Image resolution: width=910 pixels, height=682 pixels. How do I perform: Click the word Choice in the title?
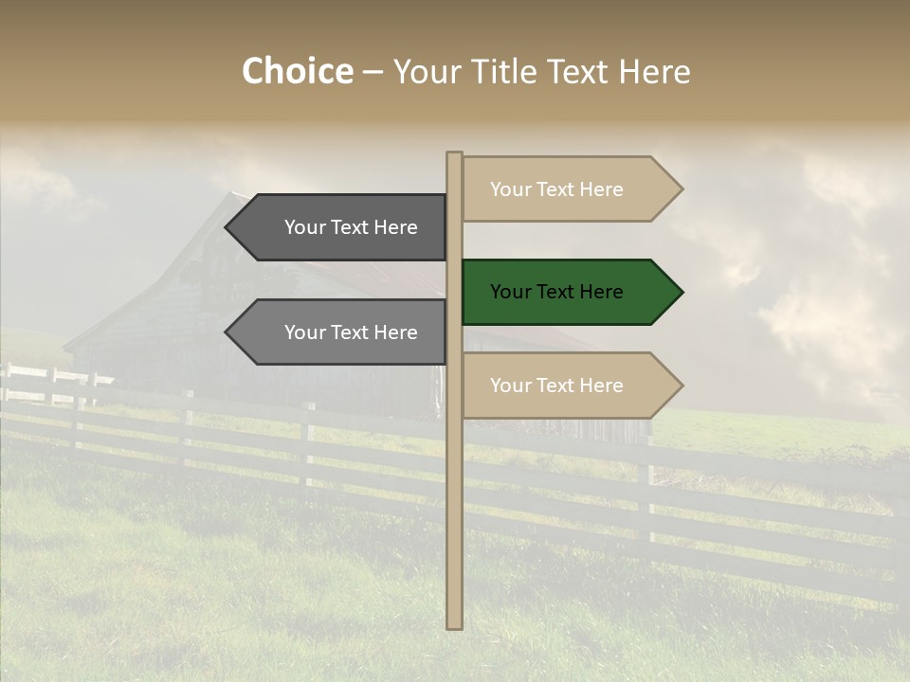pos(297,71)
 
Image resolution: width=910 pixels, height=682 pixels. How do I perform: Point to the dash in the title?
pos(373,73)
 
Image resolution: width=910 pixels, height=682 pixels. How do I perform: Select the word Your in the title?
pos(430,71)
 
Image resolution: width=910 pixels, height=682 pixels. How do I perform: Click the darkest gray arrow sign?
pos(341,227)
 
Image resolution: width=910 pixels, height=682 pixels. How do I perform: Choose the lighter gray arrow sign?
pos(341,332)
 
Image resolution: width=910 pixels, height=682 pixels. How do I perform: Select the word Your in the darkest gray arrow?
pos(305,227)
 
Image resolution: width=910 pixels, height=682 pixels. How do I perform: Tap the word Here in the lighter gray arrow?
pos(396,332)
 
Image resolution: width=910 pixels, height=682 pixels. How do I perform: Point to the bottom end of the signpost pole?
pos(454,625)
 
